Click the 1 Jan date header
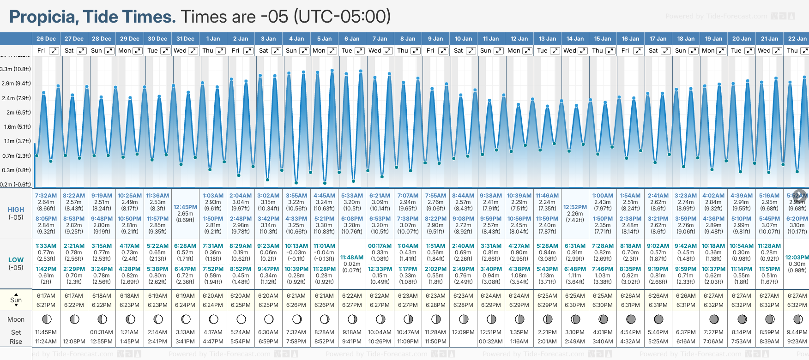pyautogui.click(x=213, y=39)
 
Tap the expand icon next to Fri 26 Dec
pyautogui.click(x=54, y=51)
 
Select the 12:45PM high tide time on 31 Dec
pyautogui.click(x=185, y=207)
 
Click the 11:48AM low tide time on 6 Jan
pyautogui.click(x=352, y=257)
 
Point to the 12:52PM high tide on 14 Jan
pyautogui.click(x=575, y=207)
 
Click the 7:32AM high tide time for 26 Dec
pyautogui.click(x=46, y=196)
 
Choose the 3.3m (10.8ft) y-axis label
pyautogui.click(x=16, y=69)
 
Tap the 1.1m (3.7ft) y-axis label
pyautogui.click(x=16, y=141)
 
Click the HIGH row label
pyautogui.click(x=16, y=210)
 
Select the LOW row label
pyautogui.click(x=16, y=260)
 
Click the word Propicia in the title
pyautogui.click(x=43, y=17)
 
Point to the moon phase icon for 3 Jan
pyautogui.click(x=269, y=319)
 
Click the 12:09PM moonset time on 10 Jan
pyautogui.click(x=463, y=332)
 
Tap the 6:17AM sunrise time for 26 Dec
pyautogui.click(x=46, y=296)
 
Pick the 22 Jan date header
pyautogui.click(x=797, y=39)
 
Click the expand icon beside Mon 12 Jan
pyautogui.click(x=527, y=51)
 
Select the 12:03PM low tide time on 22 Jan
pyautogui.click(x=797, y=257)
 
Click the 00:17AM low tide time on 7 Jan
pyautogui.click(x=380, y=246)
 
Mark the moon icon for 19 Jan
pyautogui.click(x=714, y=319)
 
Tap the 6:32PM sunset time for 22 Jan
pyautogui.click(x=797, y=305)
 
